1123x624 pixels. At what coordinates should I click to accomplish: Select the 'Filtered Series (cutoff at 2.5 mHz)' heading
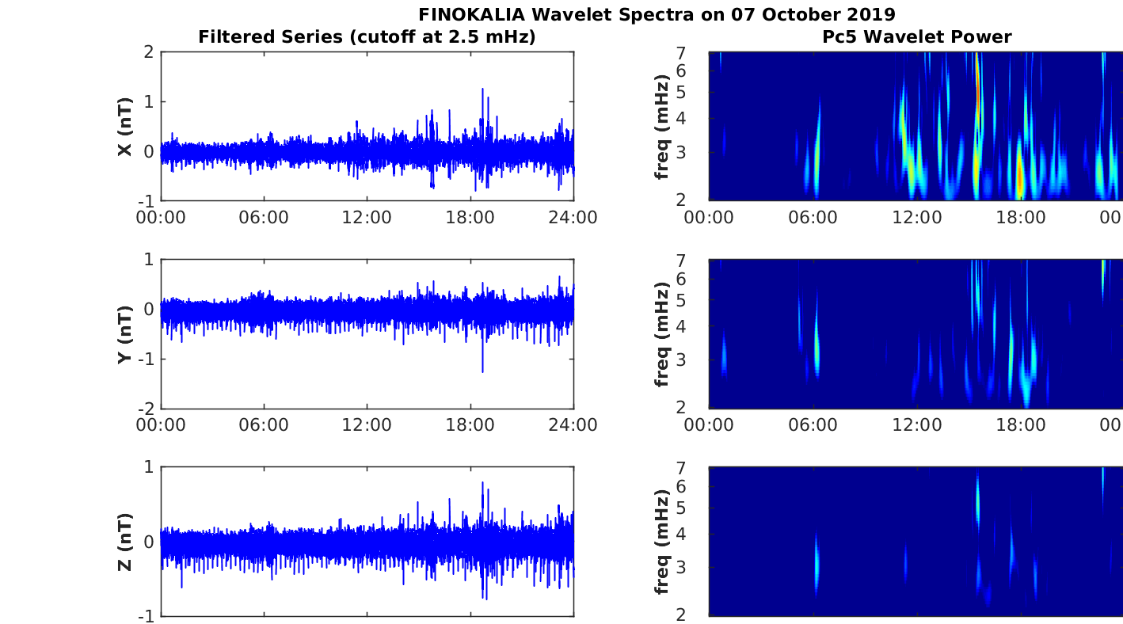click(367, 36)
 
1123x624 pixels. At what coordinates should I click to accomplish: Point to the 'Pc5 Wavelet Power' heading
click(916, 36)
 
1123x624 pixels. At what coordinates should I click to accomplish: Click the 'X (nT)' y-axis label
click(124, 126)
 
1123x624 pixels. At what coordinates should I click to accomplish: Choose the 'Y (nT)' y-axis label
click(124, 333)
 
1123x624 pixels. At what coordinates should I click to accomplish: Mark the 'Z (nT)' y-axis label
click(124, 541)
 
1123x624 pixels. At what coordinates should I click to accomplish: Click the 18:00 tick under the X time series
click(470, 217)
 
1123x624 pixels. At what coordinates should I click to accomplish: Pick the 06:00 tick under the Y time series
click(264, 424)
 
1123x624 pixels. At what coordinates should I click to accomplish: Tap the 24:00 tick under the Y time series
click(573, 424)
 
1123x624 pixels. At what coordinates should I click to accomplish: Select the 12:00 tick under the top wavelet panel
click(917, 217)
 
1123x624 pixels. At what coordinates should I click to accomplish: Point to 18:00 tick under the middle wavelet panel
click(1021, 424)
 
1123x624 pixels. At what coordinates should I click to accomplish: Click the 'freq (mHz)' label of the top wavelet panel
click(663, 126)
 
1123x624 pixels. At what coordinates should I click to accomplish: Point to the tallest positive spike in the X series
click(482, 89)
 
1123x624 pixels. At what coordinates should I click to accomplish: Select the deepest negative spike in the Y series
click(482, 371)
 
